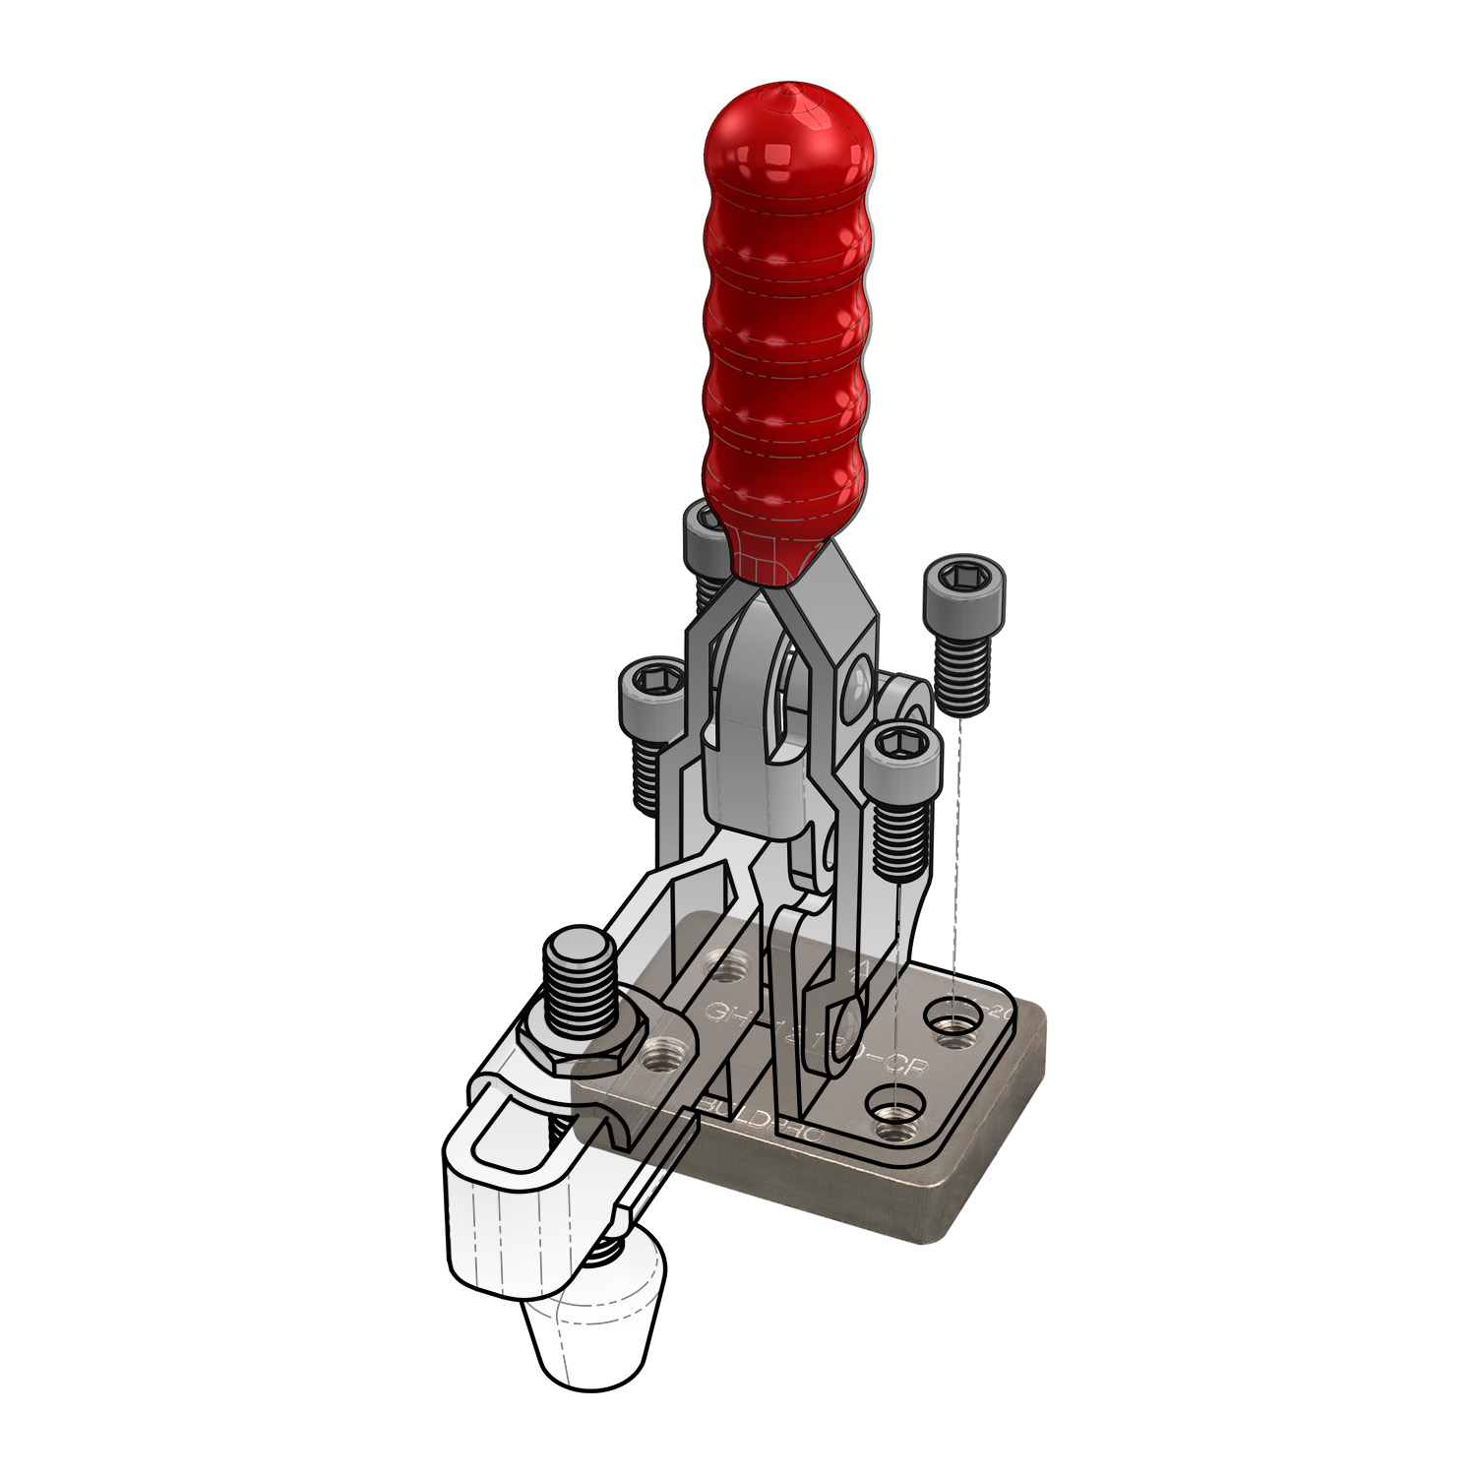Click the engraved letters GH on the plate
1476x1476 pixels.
(724, 1013)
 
